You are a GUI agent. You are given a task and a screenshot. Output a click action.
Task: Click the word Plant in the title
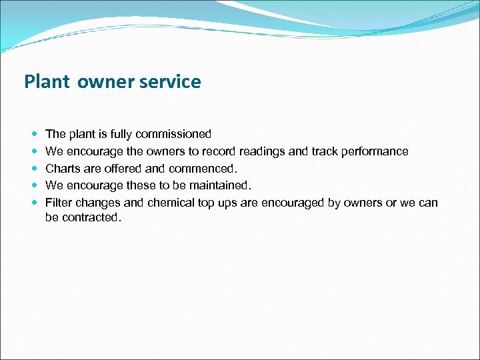coord(47,82)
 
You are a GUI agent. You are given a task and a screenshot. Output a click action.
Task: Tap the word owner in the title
coord(105,82)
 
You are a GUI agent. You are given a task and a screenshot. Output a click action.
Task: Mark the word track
coord(323,151)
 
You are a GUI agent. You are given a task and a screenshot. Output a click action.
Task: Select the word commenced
coord(203,168)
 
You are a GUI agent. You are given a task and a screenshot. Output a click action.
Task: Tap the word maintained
coord(217,185)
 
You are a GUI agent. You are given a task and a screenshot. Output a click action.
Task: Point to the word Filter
coord(59,202)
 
